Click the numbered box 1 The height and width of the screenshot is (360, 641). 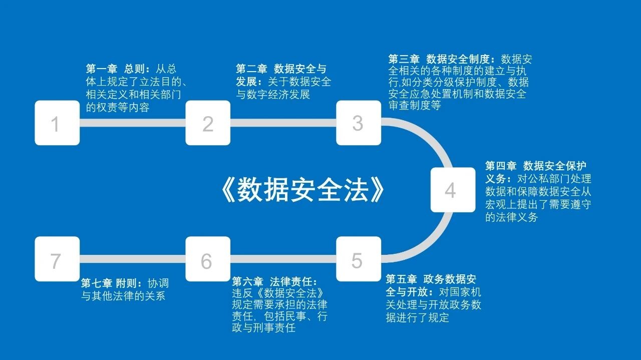(x=57, y=123)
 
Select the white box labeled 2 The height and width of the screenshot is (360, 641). (x=208, y=123)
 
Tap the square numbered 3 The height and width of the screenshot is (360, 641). (x=358, y=123)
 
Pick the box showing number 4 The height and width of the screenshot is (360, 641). (x=453, y=190)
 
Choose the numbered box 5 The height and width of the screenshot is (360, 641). (x=358, y=259)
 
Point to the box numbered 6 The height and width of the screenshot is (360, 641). (x=208, y=259)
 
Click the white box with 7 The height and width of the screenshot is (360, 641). (x=57, y=259)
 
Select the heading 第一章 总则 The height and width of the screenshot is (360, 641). (x=118, y=69)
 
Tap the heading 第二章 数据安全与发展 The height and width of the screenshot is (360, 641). (x=280, y=69)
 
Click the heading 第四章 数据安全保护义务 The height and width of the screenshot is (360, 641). (x=536, y=166)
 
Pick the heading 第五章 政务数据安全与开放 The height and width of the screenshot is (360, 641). (x=431, y=279)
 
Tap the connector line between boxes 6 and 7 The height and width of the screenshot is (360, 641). (x=133, y=259)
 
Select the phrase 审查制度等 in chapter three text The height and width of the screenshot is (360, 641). (x=415, y=106)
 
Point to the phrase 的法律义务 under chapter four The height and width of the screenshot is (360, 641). (x=511, y=217)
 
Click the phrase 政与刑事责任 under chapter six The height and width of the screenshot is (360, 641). (x=263, y=328)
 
